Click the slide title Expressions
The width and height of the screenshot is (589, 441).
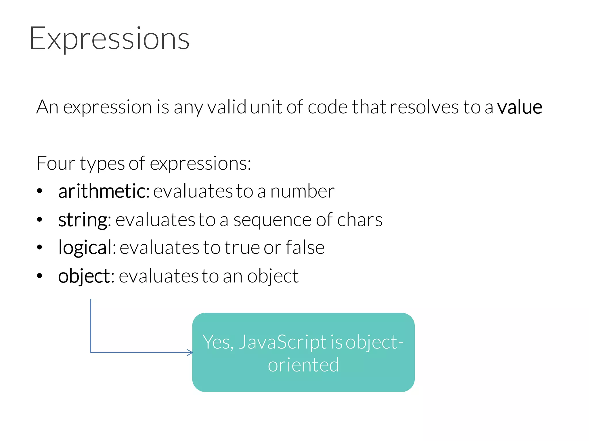click(109, 39)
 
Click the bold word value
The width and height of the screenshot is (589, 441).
click(520, 107)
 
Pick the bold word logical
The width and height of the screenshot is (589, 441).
click(85, 247)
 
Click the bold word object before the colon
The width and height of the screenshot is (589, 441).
click(84, 276)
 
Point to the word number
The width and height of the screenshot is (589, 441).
click(302, 191)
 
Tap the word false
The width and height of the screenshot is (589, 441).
click(305, 247)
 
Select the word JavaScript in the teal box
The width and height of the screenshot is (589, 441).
click(283, 342)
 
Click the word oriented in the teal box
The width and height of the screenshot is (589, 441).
click(303, 365)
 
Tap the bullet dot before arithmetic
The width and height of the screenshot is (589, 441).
click(40, 191)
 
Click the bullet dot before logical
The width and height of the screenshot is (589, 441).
click(40, 247)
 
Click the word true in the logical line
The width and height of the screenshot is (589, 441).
click(242, 247)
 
